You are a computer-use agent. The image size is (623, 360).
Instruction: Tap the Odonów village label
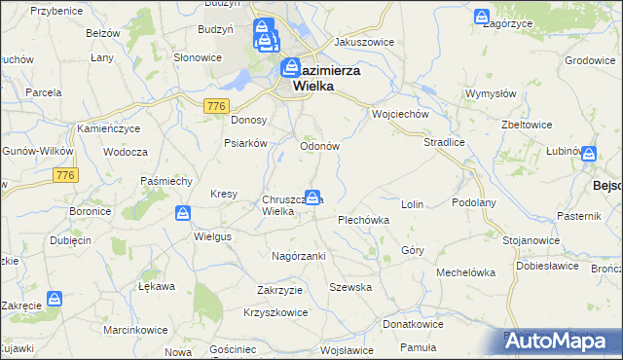[318, 146]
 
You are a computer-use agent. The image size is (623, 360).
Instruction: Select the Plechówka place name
[363, 220]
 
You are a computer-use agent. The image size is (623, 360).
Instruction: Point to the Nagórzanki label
[298, 255]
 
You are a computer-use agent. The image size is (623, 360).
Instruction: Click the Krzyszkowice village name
[276, 312]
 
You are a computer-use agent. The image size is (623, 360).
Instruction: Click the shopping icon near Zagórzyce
[481, 18]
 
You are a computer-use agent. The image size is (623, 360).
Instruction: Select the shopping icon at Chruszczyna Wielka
[312, 197]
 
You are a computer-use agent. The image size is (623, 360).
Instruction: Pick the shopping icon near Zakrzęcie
[56, 298]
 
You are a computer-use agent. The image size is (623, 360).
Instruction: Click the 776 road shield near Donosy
[216, 105]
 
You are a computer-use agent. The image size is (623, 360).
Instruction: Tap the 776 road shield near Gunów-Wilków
[65, 175]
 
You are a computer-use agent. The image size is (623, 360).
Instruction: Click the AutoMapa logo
[563, 341]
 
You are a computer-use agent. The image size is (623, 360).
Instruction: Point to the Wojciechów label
[401, 114]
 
